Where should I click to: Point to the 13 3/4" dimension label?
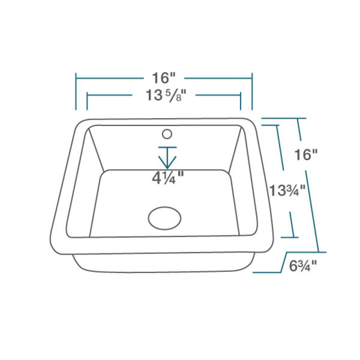(x=287, y=191)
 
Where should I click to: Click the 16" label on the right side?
(x=305, y=154)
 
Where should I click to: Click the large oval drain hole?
(x=164, y=218)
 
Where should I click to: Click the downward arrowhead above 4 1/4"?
(x=167, y=162)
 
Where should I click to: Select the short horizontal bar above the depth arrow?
(x=167, y=146)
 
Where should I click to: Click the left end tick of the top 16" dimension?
(x=76, y=91)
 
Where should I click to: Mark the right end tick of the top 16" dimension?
(x=252, y=91)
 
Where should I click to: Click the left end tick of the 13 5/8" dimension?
(x=88, y=101)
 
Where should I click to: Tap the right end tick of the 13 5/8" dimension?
(x=241, y=101)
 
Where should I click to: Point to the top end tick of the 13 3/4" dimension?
(x=271, y=125)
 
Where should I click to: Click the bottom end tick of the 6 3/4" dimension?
(x=264, y=272)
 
